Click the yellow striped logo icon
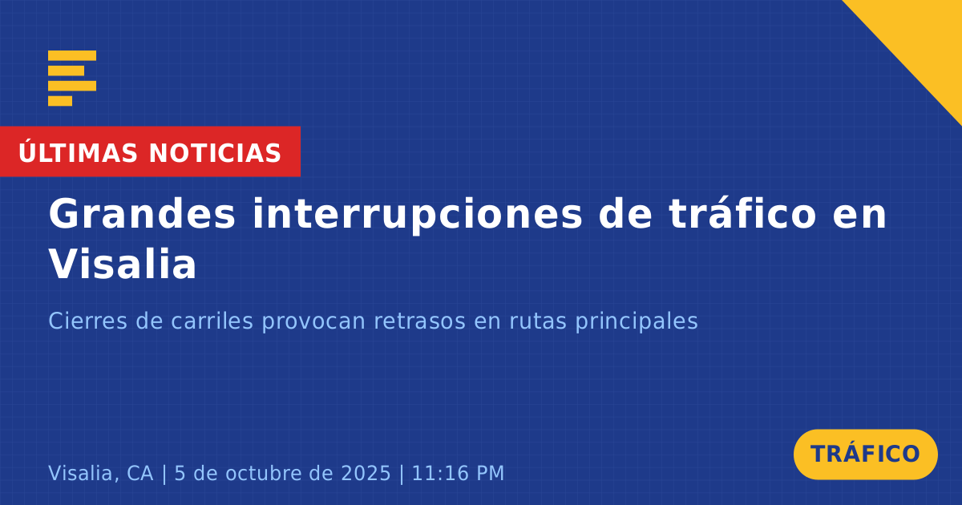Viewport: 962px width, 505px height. tap(72, 79)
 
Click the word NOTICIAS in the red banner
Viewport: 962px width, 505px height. tap(215, 153)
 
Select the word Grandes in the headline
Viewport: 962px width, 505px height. tap(142, 213)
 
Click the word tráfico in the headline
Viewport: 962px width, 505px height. tap(742, 213)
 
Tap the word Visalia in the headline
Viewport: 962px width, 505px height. tap(123, 263)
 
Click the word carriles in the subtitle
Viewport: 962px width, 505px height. tap(212, 321)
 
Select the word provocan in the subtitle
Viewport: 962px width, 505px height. tap(313, 322)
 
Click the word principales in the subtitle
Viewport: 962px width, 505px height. tap(637, 322)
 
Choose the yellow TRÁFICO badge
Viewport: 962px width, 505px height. tap(865, 454)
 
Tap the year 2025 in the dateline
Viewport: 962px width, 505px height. tap(366, 473)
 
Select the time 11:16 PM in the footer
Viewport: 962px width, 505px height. tap(458, 473)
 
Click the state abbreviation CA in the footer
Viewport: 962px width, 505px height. tap(140, 473)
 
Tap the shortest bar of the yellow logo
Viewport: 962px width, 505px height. tap(60, 101)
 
